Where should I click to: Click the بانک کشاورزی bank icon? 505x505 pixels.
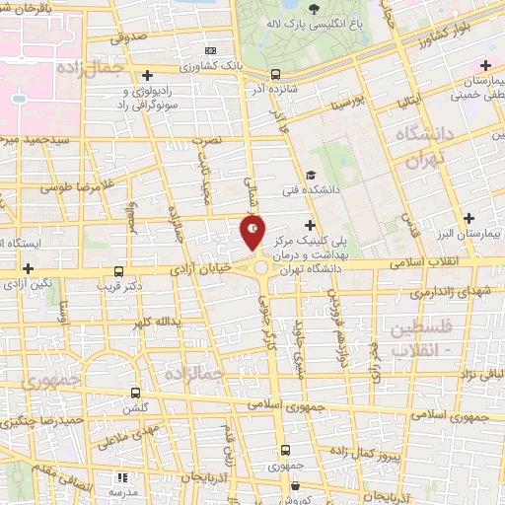click(209, 51)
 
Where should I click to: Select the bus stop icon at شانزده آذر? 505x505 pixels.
click(275, 73)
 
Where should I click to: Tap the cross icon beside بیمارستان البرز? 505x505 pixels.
click(469, 217)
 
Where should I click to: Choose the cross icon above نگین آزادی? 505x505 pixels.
click(29, 267)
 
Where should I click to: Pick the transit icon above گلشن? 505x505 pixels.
click(136, 391)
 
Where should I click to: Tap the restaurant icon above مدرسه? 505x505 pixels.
click(123, 477)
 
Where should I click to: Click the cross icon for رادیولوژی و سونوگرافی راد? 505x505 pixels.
click(147, 75)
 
